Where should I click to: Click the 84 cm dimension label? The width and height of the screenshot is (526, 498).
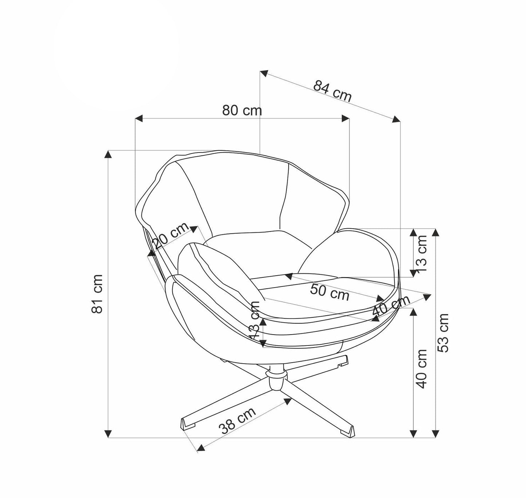tap(332, 91)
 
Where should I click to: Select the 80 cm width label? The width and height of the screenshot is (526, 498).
tap(242, 110)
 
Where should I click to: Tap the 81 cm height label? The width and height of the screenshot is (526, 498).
tap(98, 294)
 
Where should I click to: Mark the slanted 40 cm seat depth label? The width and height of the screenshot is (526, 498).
tap(391, 306)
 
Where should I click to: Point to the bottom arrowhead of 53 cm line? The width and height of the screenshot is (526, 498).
tap(436, 433)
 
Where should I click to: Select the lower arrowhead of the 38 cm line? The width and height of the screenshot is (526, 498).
tap(201, 447)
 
